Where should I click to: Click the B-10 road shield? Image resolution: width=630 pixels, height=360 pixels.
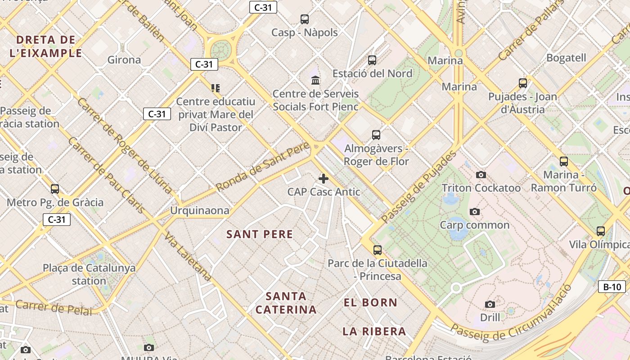point(612,287)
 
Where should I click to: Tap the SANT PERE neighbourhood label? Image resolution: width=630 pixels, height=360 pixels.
point(260,234)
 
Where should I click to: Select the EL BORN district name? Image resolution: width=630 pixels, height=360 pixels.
point(370,302)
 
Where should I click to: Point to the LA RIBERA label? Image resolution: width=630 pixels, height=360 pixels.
point(374,332)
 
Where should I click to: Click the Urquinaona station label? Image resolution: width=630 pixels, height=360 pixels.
point(199,210)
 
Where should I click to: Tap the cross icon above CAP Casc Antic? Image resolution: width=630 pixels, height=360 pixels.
point(323,179)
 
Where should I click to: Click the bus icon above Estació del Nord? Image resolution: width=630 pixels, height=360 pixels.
point(372,60)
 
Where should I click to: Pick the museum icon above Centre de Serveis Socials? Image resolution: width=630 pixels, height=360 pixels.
point(315,81)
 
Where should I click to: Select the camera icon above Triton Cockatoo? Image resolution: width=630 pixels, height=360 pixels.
point(481,175)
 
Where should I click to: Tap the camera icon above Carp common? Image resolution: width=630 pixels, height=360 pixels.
point(474,211)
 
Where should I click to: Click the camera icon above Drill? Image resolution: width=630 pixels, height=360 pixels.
point(490,305)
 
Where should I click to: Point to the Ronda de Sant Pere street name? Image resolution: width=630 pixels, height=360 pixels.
point(263,166)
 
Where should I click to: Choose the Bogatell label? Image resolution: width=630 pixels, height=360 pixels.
point(566,58)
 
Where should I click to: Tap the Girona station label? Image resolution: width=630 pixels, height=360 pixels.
point(124,59)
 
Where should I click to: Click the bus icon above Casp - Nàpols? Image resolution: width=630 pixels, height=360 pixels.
point(305,19)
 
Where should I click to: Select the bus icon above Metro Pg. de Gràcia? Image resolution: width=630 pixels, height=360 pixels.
point(55,189)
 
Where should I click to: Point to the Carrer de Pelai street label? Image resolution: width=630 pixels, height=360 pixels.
point(54,307)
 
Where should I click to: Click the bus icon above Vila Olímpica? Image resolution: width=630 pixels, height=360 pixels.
point(600,231)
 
